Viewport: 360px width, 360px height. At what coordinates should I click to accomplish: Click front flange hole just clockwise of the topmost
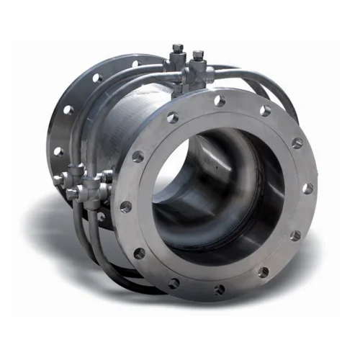point(266,112)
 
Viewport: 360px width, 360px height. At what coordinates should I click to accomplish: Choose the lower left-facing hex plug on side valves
point(71,194)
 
